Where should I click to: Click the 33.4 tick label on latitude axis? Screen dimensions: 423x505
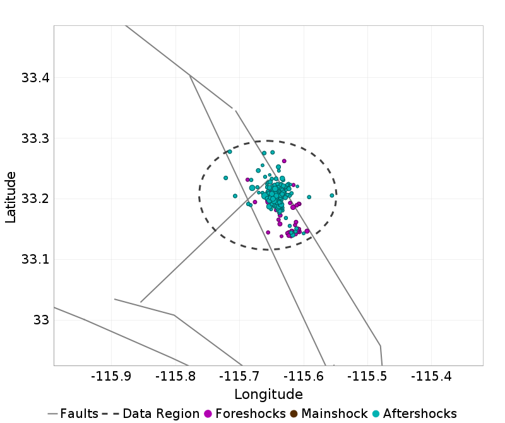[x=35, y=78]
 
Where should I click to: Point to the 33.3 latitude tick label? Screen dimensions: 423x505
[x=35, y=138]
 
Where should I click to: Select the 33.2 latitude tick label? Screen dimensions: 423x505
[x=35, y=199]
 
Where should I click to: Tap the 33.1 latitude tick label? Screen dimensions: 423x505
[x=35, y=259]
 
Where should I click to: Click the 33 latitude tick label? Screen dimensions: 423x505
[x=41, y=320]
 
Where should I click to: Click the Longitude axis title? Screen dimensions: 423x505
[x=268, y=395]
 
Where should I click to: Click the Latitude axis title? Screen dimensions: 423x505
[x=11, y=195]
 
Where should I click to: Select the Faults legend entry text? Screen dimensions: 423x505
[x=80, y=414]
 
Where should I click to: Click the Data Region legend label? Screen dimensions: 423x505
[x=161, y=414]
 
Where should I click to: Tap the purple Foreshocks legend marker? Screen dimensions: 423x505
[x=208, y=414]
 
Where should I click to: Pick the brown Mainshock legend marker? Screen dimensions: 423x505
[x=294, y=414]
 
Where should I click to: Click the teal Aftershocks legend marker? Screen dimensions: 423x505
[x=376, y=414]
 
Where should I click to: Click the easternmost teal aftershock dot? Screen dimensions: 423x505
[x=332, y=195]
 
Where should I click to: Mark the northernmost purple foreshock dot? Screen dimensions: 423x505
[x=284, y=161]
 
